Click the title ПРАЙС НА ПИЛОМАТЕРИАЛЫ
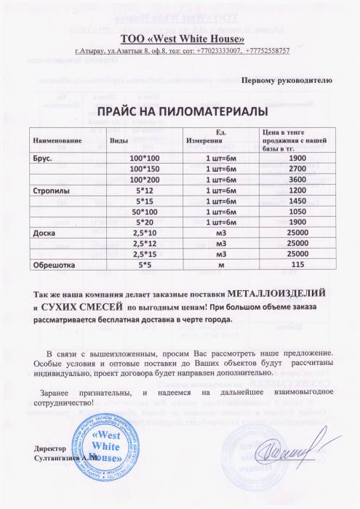coord(178,111)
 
